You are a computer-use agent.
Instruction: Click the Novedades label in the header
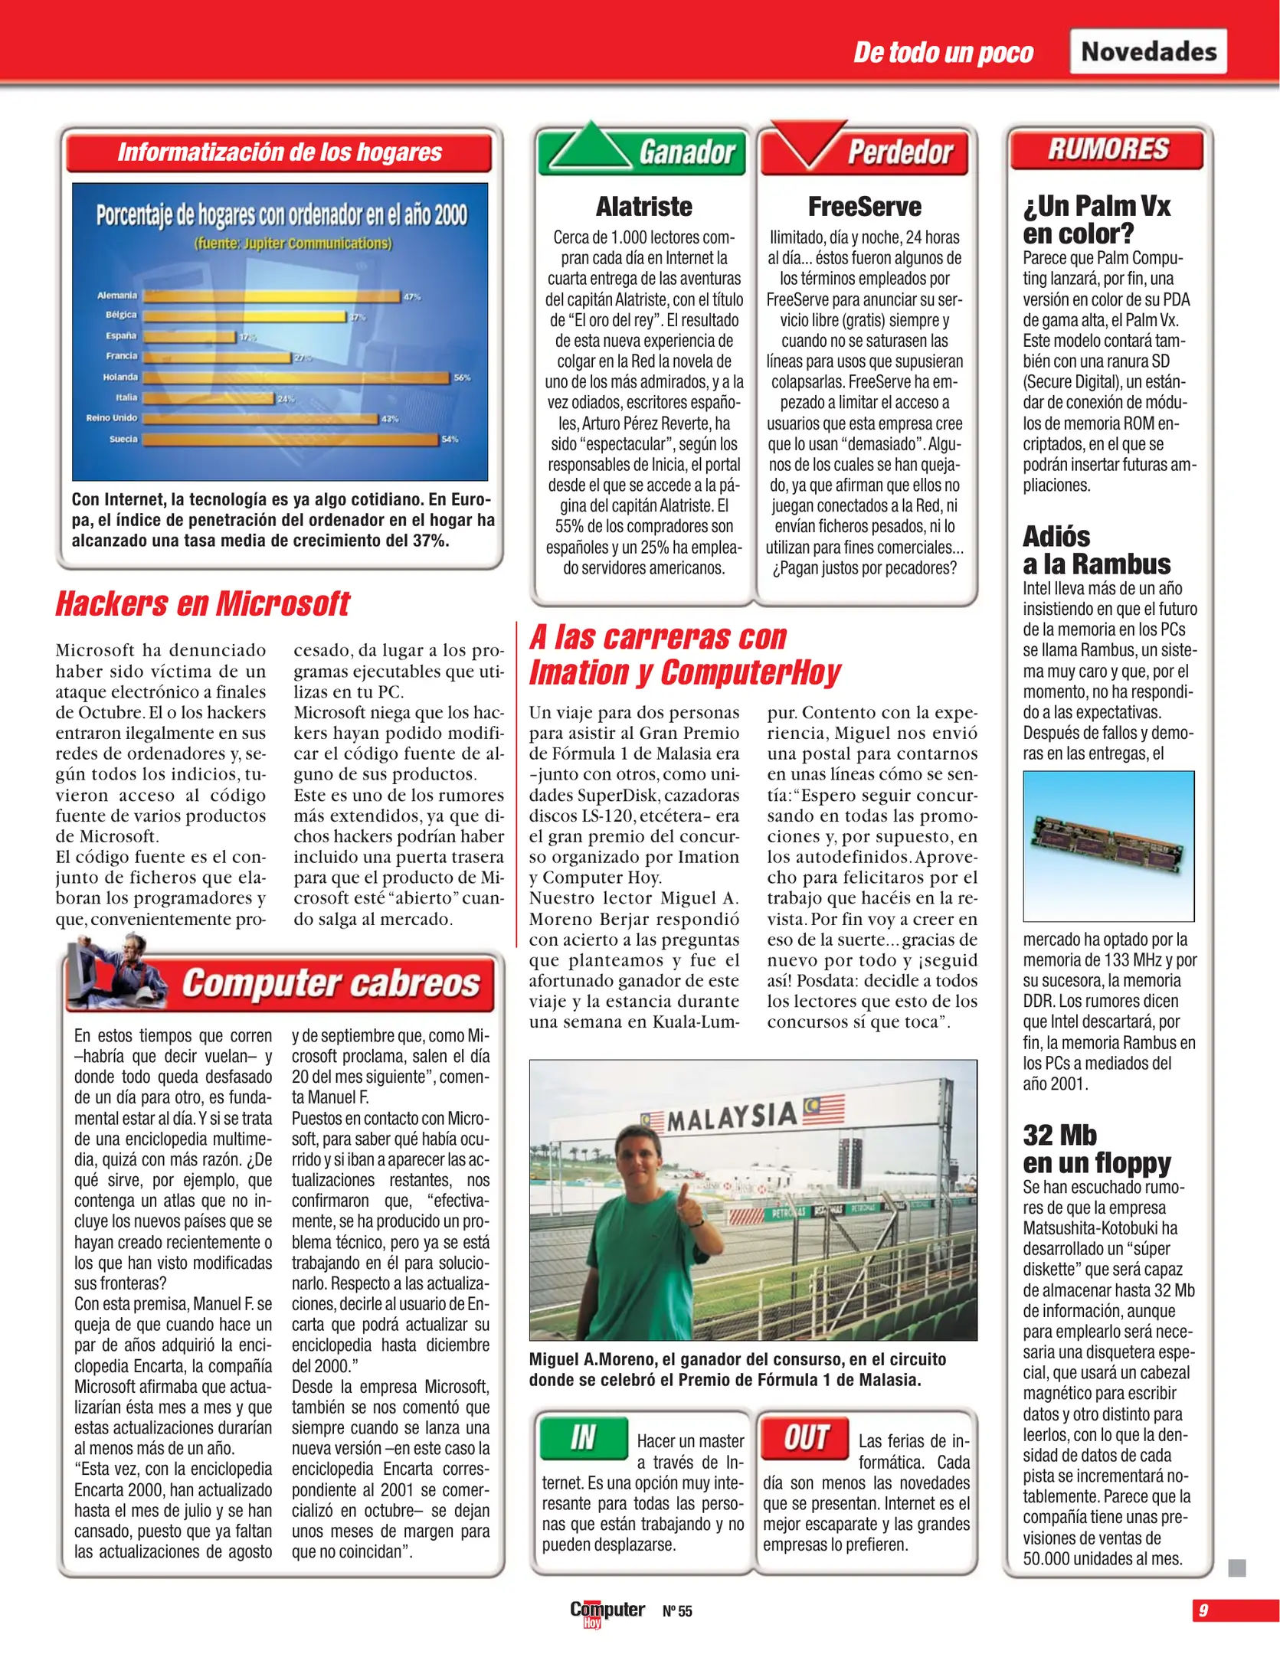point(1147,51)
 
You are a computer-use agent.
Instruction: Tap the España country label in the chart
point(121,335)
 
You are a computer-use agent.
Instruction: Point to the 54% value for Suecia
point(450,440)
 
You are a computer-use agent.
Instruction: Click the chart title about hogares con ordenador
point(281,215)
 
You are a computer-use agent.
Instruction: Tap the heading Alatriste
point(643,207)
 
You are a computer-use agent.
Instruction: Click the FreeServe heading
point(864,207)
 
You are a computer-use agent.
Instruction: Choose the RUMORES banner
point(1108,149)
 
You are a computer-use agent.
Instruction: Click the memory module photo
point(1108,845)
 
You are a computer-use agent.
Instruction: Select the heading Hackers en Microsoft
point(202,603)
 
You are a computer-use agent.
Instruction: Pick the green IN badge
point(583,1437)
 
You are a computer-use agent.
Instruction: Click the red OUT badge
point(805,1437)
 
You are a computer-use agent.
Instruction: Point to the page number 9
point(1203,1610)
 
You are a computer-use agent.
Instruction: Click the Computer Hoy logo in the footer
point(606,1611)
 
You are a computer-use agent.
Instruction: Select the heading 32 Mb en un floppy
point(1096,1149)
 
